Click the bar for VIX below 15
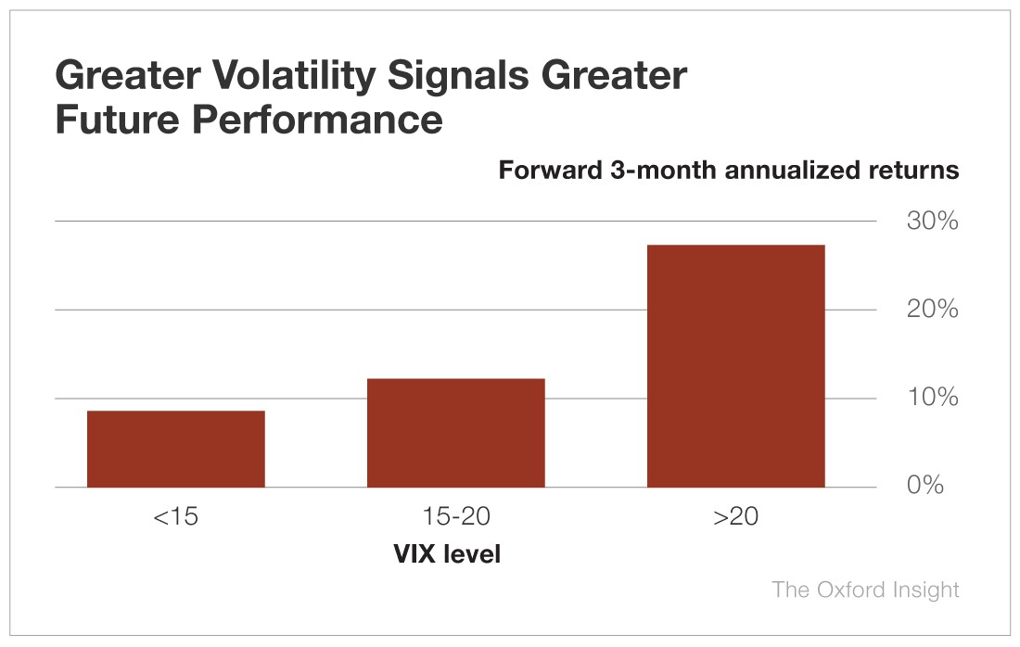pos(176,449)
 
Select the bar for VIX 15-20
pos(456,433)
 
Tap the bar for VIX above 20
pos(735,366)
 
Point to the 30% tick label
pos(932,222)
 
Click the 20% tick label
pos(932,310)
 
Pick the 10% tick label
pos(932,398)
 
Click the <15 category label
pos(175,516)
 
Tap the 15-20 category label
pos(455,516)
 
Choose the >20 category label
pos(735,516)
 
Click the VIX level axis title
pos(447,555)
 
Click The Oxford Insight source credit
pos(865,590)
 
